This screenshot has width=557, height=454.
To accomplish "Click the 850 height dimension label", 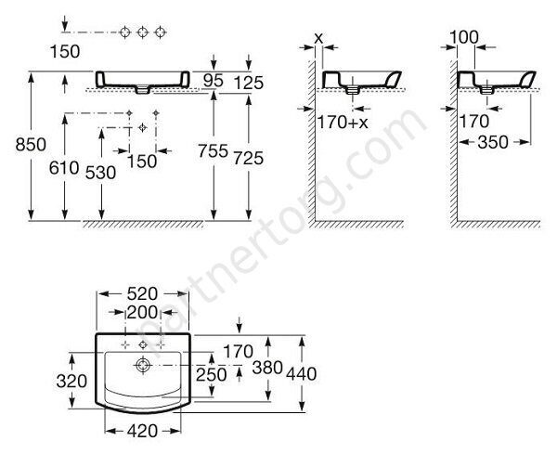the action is pos(31,145).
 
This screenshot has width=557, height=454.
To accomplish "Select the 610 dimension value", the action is pos(64,168).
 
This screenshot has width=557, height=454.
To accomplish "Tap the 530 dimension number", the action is pos(101,173).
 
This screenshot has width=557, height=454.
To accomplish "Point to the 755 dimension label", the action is pos(213,151).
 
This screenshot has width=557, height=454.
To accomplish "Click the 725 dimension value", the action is pos(248,158).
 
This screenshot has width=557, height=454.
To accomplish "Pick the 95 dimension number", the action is pos(214,81).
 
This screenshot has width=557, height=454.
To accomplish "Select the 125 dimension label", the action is pos(249,83).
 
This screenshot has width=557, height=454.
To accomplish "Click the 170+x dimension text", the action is pos(343,123).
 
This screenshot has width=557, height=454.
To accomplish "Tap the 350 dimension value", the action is pos(493,142).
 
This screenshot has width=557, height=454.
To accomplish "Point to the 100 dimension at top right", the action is pos(464,37).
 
